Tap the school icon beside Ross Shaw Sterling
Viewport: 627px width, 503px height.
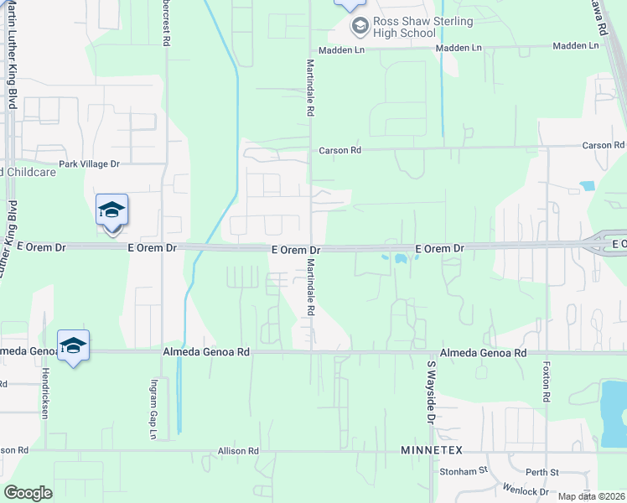[360, 26]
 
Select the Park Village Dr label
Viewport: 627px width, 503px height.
[89, 164]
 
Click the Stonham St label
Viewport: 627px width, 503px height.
[464, 472]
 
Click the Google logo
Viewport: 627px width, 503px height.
[28, 493]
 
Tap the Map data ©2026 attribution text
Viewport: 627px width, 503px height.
[592, 496]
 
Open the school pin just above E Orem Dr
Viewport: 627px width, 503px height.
[111, 210]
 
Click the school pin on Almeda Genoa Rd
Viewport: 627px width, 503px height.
[73, 345]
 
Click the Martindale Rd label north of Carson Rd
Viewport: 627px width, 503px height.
[310, 87]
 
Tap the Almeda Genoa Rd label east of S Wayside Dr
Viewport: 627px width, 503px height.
[484, 354]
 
